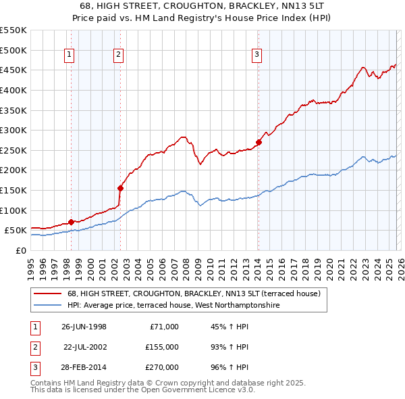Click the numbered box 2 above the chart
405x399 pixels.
coord(118,55)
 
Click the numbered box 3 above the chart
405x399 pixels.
coord(257,55)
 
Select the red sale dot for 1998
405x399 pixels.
coord(72,222)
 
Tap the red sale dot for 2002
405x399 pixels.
coord(120,188)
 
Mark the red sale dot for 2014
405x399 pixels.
coord(259,142)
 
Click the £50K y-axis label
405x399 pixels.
coord(16,231)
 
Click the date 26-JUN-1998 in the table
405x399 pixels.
coord(84,327)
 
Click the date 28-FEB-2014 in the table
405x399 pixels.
coord(84,367)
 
